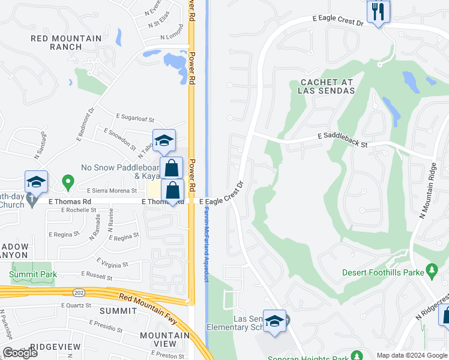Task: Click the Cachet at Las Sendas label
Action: point(327,86)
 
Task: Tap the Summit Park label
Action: point(34,274)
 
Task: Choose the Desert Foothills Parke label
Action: point(383,272)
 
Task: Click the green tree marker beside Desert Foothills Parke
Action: point(432,272)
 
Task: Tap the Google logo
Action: point(19,353)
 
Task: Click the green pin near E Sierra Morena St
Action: point(68,181)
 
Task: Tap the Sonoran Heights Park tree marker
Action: point(357,355)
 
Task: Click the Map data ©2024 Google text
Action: point(411,355)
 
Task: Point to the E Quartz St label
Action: point(75,305)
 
